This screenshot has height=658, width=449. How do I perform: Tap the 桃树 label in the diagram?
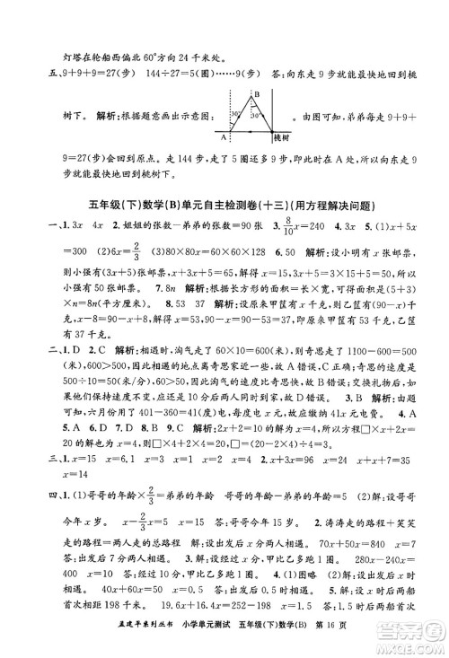282,138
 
